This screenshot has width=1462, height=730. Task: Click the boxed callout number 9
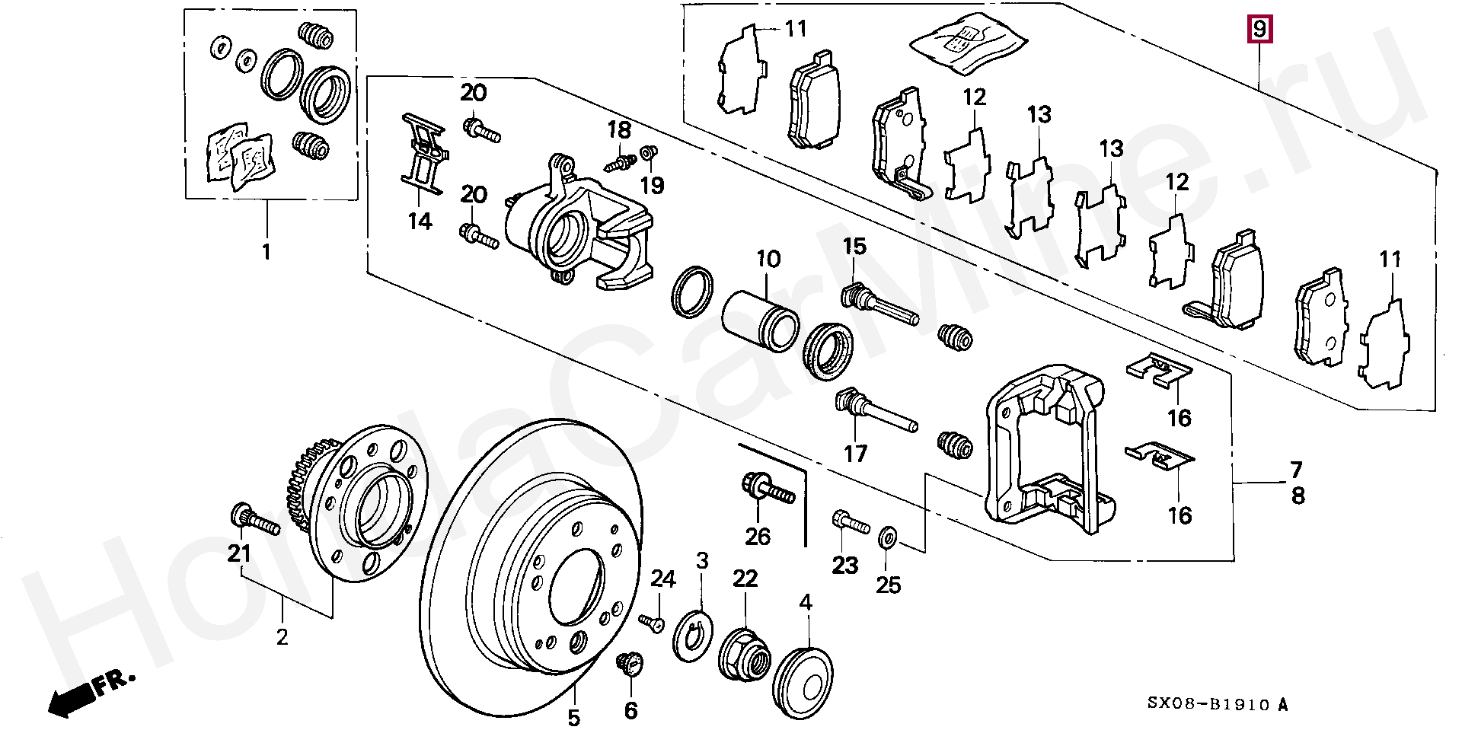[1259, 30]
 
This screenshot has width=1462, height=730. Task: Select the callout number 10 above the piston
[768, 260]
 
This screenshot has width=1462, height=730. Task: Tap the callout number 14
[420, 222]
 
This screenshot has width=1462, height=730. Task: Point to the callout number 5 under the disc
[573, 717]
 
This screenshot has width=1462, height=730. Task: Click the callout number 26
[758, 537]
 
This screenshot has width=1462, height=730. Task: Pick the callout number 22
[745, 579]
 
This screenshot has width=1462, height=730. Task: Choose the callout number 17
[855, 454]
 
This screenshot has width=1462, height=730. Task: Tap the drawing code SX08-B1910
[1208, 706]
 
